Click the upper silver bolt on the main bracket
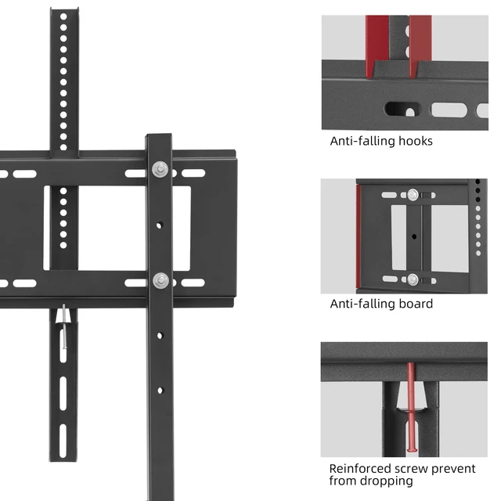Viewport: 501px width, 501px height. [x=160, y=168]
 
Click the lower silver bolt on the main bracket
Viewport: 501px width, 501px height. [x=160, y=280]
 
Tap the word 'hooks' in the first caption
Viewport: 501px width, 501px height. [x=415, y=142]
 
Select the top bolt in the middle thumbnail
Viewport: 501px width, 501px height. [x=413, y=194]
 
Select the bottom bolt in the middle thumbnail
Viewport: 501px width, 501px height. [x=413, y=278]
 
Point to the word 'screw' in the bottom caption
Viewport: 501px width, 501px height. [x=413, y=468]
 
